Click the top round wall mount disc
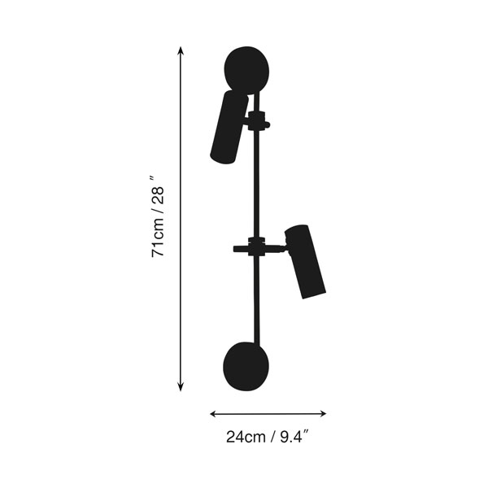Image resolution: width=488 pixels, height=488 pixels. click(x=246, y=70)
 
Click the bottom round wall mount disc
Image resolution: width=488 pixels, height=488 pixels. click(x=246, y=366)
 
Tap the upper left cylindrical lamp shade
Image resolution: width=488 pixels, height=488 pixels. click(x=229, y=127)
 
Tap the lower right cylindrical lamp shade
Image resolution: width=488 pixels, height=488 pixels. click(x=305, y=261)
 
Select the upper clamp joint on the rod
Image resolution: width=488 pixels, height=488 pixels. click(x=256, y=120)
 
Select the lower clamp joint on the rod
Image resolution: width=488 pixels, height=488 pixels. click(x=257, y=246)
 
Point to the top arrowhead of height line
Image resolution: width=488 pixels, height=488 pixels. click(x=181, y=50)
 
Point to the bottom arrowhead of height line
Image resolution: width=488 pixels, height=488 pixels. click(x=181, y=386)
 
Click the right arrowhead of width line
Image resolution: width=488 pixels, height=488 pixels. click(x=322, y=414)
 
